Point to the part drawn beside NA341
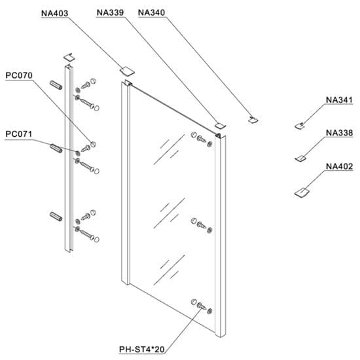coord(300,125)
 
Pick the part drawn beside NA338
coord(300,157)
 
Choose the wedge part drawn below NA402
coord(302,191)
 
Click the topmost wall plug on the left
coord(56,86)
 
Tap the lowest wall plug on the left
coord(56,215)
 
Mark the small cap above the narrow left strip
coord(69,57)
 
